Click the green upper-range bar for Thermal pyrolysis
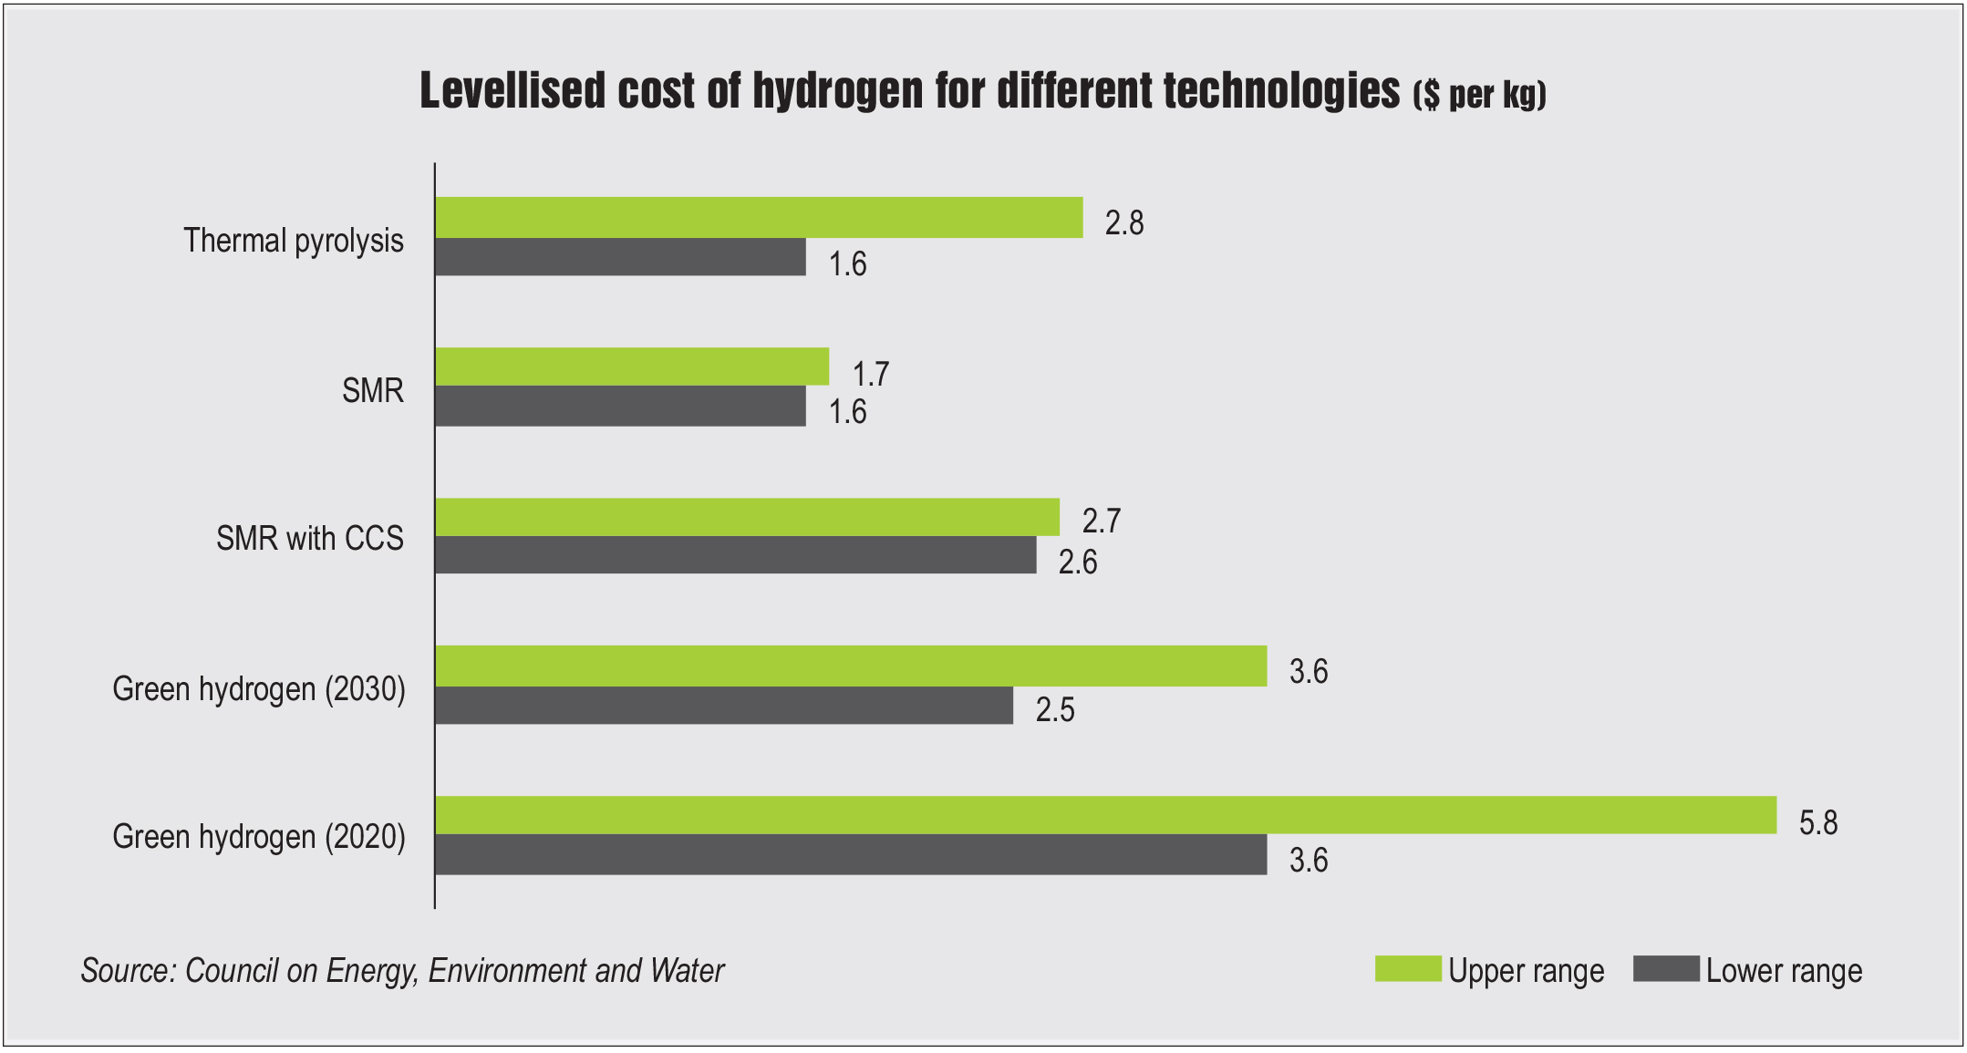point(759,217)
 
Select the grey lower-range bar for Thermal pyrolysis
point(620,257)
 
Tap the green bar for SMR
point(632,366)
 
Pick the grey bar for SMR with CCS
point(735,555)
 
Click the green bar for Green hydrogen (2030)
point(851,666)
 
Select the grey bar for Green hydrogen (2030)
point(724,706)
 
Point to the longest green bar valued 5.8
point(1105,815)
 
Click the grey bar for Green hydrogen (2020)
point(851,855)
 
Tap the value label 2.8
point(1123,223)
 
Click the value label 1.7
point(870,374)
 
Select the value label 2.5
point(1054,710)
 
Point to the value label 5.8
point(1817,823)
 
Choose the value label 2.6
point(1077,563)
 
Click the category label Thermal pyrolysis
point(293,241)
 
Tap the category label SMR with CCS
point(309,539)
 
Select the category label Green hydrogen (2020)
point(259,837)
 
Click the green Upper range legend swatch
point(1407,968)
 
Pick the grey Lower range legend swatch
point(1666,968)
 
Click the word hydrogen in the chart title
point(837,91)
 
